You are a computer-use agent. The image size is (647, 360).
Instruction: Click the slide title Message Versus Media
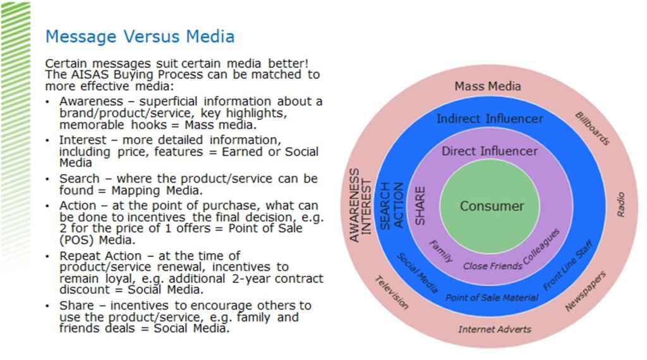140,37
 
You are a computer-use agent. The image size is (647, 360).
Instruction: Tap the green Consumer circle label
491,206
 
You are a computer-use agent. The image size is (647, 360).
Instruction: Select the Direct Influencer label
490,151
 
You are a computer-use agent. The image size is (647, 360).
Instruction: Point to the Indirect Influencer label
490,119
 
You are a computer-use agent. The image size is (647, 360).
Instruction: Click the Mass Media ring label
488,86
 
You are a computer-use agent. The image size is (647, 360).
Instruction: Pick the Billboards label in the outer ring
591,128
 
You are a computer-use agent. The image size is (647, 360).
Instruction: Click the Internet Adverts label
495,329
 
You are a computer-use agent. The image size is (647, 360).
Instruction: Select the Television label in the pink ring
391,292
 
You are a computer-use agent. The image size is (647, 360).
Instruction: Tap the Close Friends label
493,266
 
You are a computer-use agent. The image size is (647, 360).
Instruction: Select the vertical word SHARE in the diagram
420,205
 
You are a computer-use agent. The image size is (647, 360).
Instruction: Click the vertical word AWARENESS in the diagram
354,205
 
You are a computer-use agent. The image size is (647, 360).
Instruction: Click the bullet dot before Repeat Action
49,256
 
